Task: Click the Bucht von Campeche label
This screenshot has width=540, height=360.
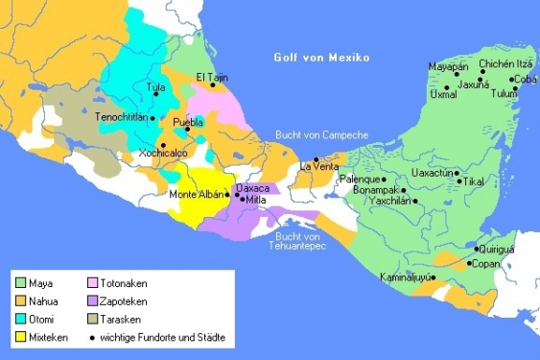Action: click(x=320, y=135)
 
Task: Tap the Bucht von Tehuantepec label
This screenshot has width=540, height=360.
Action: click(x=302, y=241)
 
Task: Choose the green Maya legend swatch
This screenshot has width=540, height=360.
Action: click(x=20, y=283)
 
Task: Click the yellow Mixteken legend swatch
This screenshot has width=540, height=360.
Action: click(x=20, y=338)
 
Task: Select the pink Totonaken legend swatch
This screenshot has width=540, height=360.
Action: click(x=93, y=283)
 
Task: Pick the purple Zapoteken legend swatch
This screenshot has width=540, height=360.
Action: click(x=93, y=301)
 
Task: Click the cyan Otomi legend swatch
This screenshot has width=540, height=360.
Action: click(x=20, y=320)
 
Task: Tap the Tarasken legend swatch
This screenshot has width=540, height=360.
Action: click(x=93, y=320)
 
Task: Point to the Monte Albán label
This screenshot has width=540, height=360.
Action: click(x=195, y=195)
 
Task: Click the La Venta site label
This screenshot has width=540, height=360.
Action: click(x=319, y=167)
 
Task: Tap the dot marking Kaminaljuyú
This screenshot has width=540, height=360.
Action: click(x=433, y=278)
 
